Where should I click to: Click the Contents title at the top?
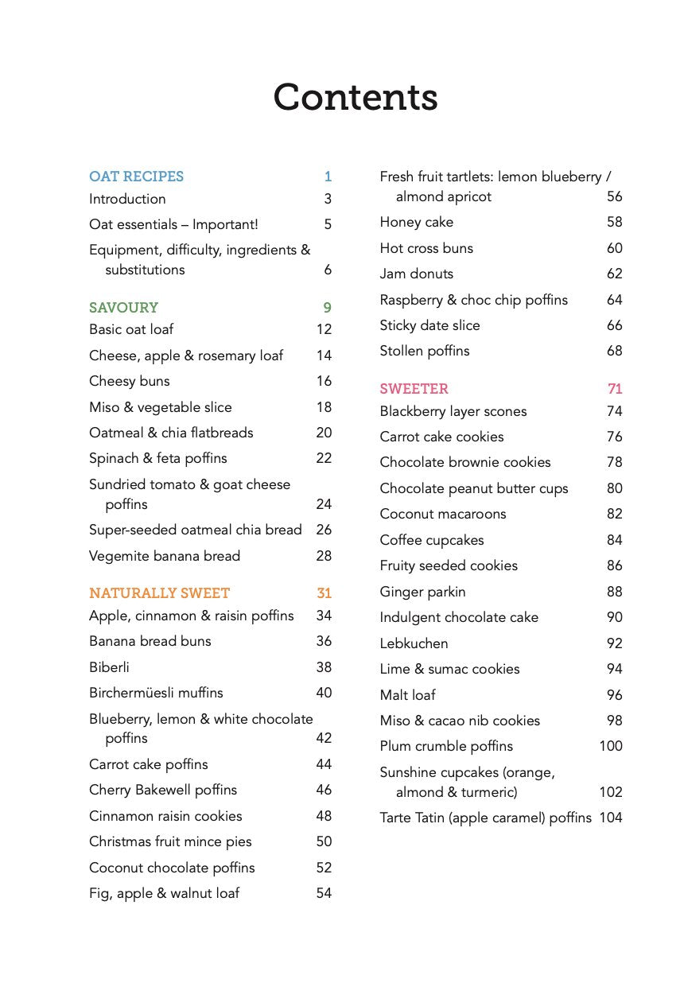point(355,97)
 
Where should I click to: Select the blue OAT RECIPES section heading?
point(136,177)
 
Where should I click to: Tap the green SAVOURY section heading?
point(123,308)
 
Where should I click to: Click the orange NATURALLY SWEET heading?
point(159,593)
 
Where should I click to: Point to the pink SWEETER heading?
point(414,389)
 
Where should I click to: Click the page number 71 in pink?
point(615,389)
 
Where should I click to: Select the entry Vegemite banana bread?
point(164,556)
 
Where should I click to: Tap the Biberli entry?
point(109,667)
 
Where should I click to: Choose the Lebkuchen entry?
point(414,643)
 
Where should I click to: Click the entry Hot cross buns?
point(426,248)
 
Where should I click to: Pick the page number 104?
point(611,818)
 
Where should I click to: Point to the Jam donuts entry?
point(416,274)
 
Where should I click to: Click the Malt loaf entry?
point(407,695)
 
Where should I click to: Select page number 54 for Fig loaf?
point(324,893)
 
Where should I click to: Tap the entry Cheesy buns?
point(129,381)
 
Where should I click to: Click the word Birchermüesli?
point(133,693)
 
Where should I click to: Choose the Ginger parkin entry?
point(422,592)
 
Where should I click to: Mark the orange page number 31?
point(324,593)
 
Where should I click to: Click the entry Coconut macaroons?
point(442,514)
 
